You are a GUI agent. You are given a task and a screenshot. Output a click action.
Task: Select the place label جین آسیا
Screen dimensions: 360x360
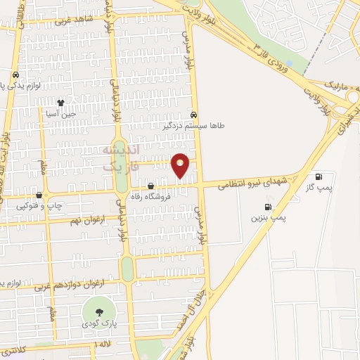(x=61, y=112)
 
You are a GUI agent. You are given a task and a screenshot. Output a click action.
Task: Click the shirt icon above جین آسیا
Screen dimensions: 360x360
(x=60, y=102)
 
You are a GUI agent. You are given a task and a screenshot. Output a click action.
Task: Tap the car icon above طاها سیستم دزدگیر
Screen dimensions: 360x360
(x=193, y=115)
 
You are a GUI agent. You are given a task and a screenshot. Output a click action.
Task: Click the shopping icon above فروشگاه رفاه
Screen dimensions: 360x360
(x=150, y=186)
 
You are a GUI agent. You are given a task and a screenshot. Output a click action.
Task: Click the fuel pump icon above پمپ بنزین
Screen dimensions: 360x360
(x=267, y=207)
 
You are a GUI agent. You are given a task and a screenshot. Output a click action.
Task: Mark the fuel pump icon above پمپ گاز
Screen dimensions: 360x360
(x=320, y=176)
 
